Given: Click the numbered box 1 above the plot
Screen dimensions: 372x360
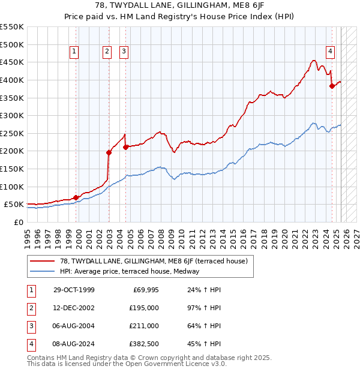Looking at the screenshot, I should click(74, 52).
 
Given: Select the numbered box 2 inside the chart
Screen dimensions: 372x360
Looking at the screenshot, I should click(107, 52).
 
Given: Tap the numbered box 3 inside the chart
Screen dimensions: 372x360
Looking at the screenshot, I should click(124, 52).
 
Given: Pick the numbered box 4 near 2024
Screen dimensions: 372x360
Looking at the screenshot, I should click(330, 52).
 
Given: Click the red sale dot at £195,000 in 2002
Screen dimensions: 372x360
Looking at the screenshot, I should click(109, 152).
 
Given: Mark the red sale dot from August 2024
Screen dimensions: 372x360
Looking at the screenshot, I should click(332, 86).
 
